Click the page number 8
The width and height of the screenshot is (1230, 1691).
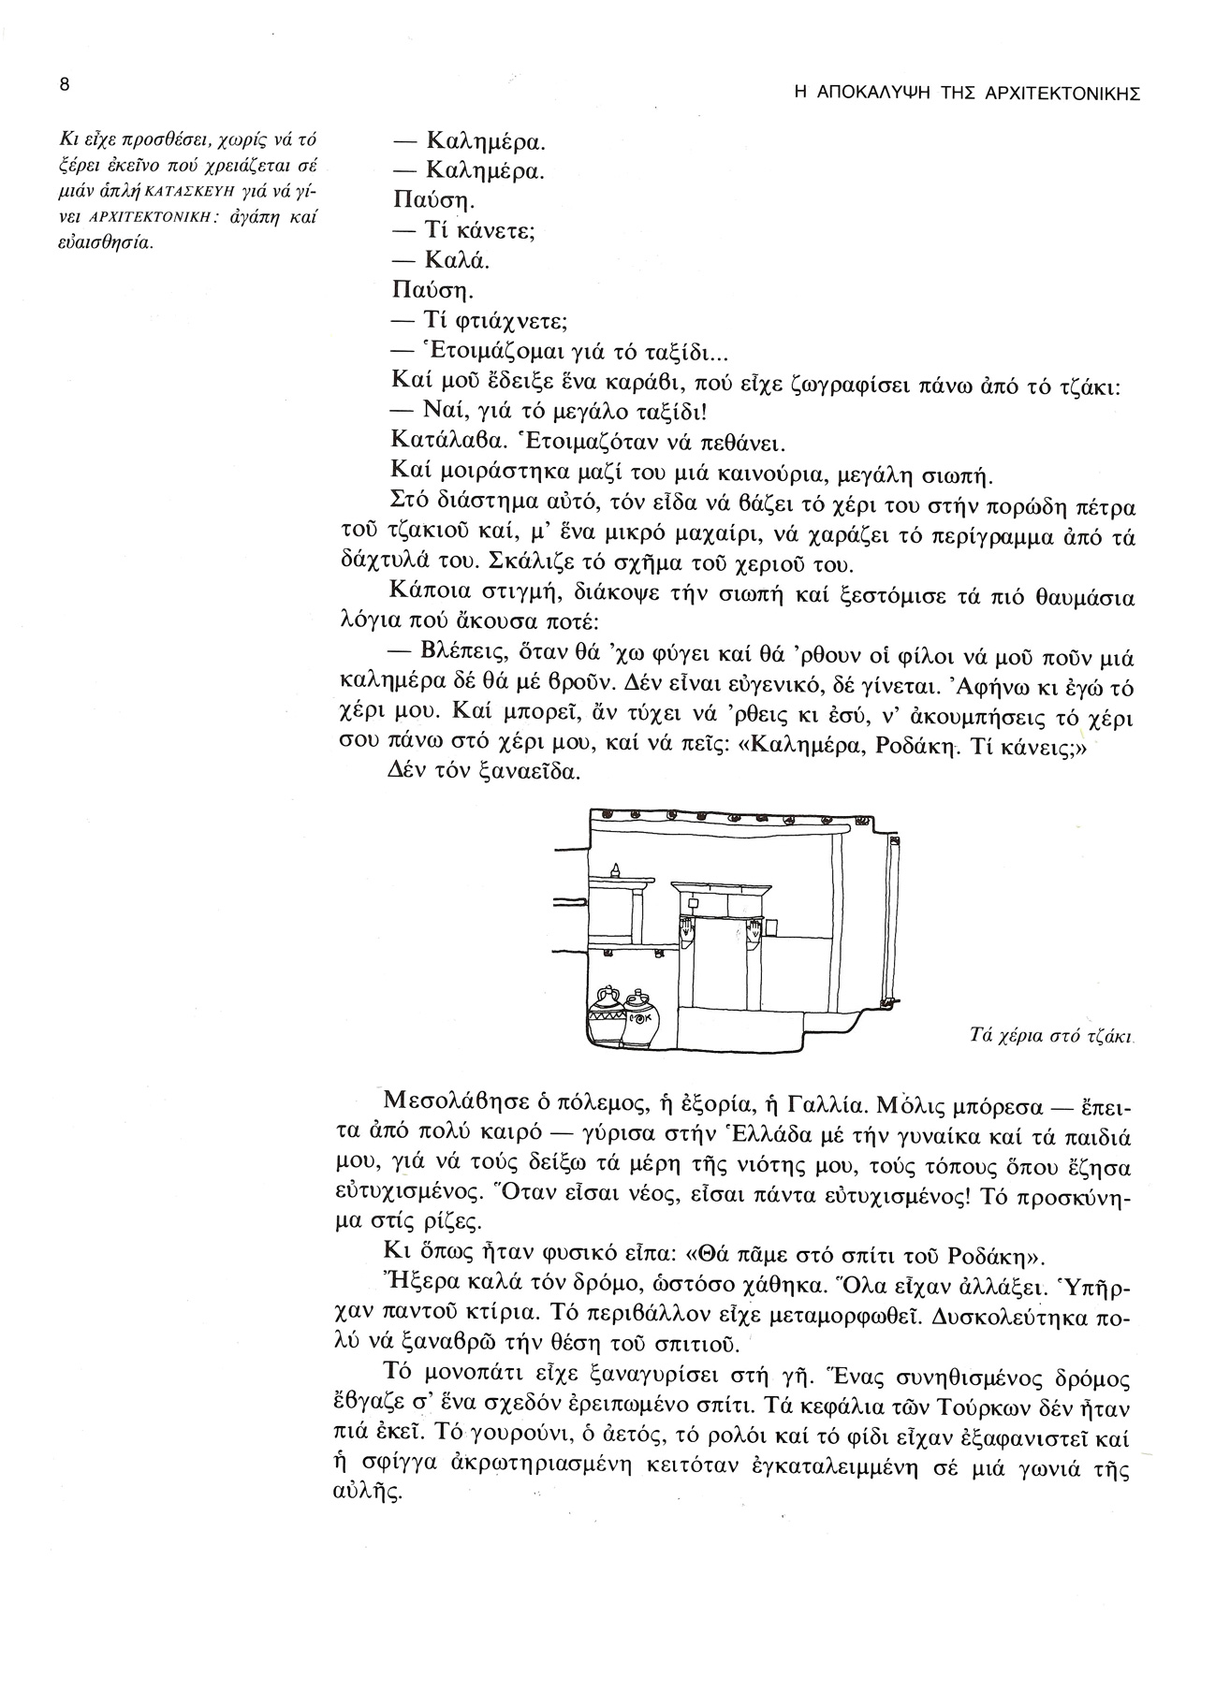click(64, 84)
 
